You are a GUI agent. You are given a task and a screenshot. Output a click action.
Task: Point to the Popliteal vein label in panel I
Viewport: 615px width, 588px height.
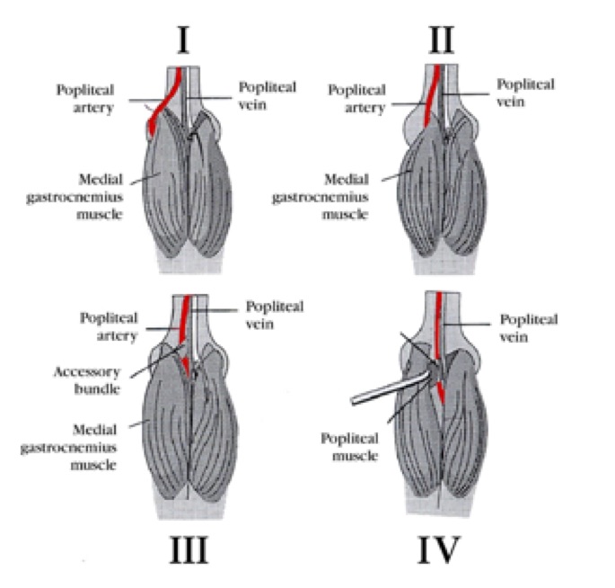(265, 94)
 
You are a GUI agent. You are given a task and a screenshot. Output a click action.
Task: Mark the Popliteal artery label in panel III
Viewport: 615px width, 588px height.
(107, 327)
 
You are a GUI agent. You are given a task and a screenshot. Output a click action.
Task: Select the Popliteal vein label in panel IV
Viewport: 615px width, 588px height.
(528, 328)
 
